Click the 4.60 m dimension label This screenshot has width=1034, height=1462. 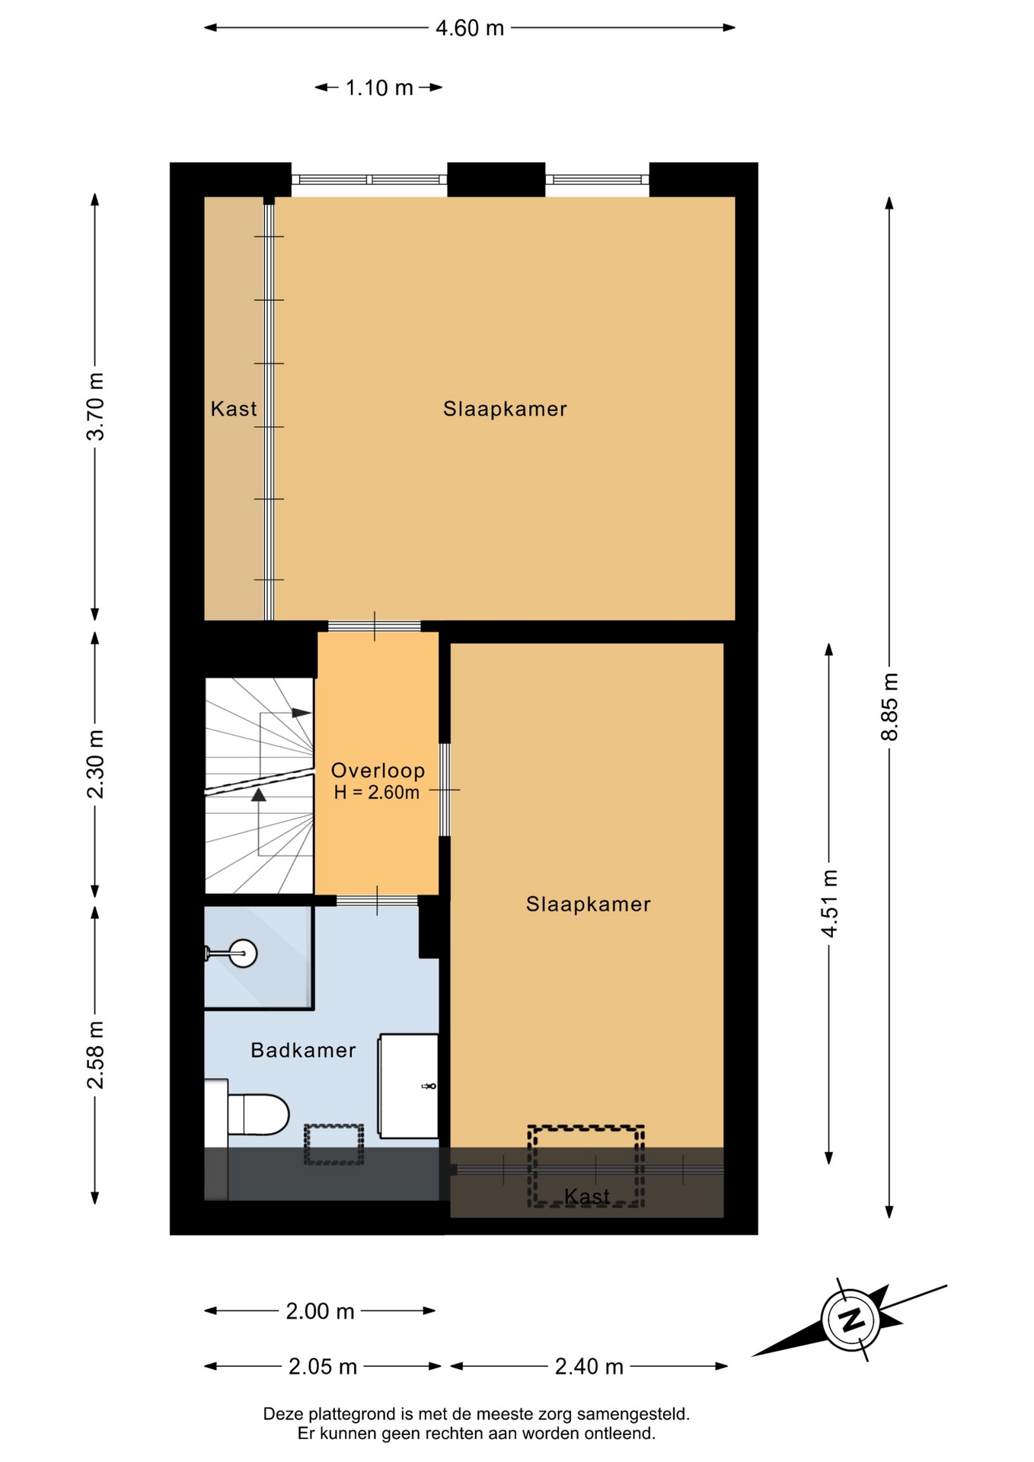[470, 28]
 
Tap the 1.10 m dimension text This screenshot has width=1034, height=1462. [379, 88]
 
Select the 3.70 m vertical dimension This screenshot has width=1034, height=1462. [96, 407]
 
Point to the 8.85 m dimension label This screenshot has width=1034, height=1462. [889, 707]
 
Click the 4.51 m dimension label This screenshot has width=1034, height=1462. [829, 903]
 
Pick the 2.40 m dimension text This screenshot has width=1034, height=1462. [589, 1367]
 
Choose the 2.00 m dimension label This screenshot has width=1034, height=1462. [320, 1311]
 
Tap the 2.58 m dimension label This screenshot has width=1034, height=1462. [96, 1055]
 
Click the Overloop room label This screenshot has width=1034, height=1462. [378, 771]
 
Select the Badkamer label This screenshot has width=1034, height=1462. [303, 1051]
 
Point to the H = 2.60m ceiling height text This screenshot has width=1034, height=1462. [376, 793]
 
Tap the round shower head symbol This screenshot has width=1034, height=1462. [243, 953]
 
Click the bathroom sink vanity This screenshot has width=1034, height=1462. [409, 1086]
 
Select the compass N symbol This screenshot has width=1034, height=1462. [851, 1319]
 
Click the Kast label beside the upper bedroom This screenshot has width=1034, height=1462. [234, 409]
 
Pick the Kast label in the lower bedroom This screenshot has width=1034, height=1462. [587, 1196]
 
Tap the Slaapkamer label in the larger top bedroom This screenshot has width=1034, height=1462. [505, 409]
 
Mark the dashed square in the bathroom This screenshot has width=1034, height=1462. [333, 1144]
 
